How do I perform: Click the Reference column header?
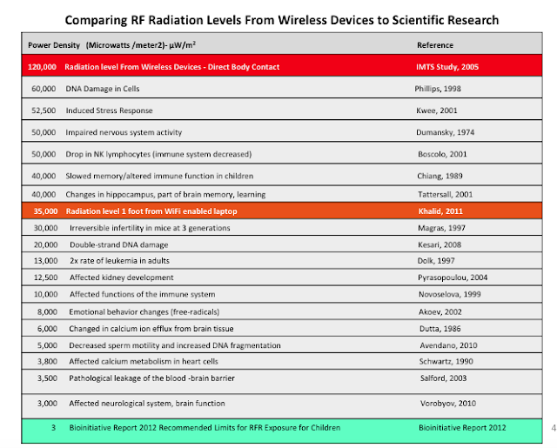[x=435, y=45]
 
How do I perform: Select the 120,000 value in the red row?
[x=42, y=67]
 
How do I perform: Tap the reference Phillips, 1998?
[x=438, y=89]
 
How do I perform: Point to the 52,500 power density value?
[x=44, y=110]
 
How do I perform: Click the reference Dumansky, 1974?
[x=445, y=132]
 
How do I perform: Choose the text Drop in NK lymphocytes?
[x=108, y=154]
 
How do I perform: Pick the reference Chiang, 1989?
[x=440, y=176]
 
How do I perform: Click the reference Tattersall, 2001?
[x=445, y=194]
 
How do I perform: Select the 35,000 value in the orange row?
[x=45, y=211]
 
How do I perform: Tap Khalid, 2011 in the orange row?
[x=440, y=211]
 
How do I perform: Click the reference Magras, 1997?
[x=441, y=228]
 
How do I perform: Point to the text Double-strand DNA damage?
[x=119, y=244]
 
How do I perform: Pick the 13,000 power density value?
[x=45, y=261]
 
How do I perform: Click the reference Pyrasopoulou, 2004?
[x=453, y=277]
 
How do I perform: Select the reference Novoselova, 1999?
[x=450, y=294]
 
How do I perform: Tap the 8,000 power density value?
[x=47, y=311]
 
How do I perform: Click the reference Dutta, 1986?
[x=440, y=329]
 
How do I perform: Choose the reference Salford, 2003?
[x=443, y=378]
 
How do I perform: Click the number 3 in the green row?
[x=53, y=427]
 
